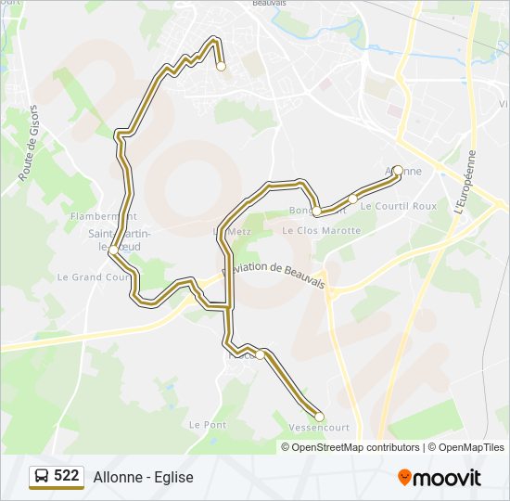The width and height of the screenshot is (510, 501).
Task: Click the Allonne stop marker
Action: click(398, 170)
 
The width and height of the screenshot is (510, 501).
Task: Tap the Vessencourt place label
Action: click(319, 428)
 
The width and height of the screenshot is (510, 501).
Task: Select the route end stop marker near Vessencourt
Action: click(319, 416)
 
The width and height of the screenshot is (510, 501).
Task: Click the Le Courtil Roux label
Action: click(398, 206)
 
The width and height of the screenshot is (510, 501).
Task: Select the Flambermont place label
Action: click(96, 216)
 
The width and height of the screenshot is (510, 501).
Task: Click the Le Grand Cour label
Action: click(94, 276)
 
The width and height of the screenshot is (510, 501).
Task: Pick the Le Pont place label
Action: click(207, 424)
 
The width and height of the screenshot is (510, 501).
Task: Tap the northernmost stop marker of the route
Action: click(221, 66)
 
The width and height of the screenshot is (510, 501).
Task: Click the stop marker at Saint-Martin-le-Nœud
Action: click(112, 250)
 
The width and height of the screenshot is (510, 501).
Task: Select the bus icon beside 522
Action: click(42, 476)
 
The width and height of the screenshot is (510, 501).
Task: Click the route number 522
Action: click(67, 476)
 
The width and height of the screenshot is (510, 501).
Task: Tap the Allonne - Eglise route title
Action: click(143, 477)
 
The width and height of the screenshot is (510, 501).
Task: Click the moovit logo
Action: click(440, 477)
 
